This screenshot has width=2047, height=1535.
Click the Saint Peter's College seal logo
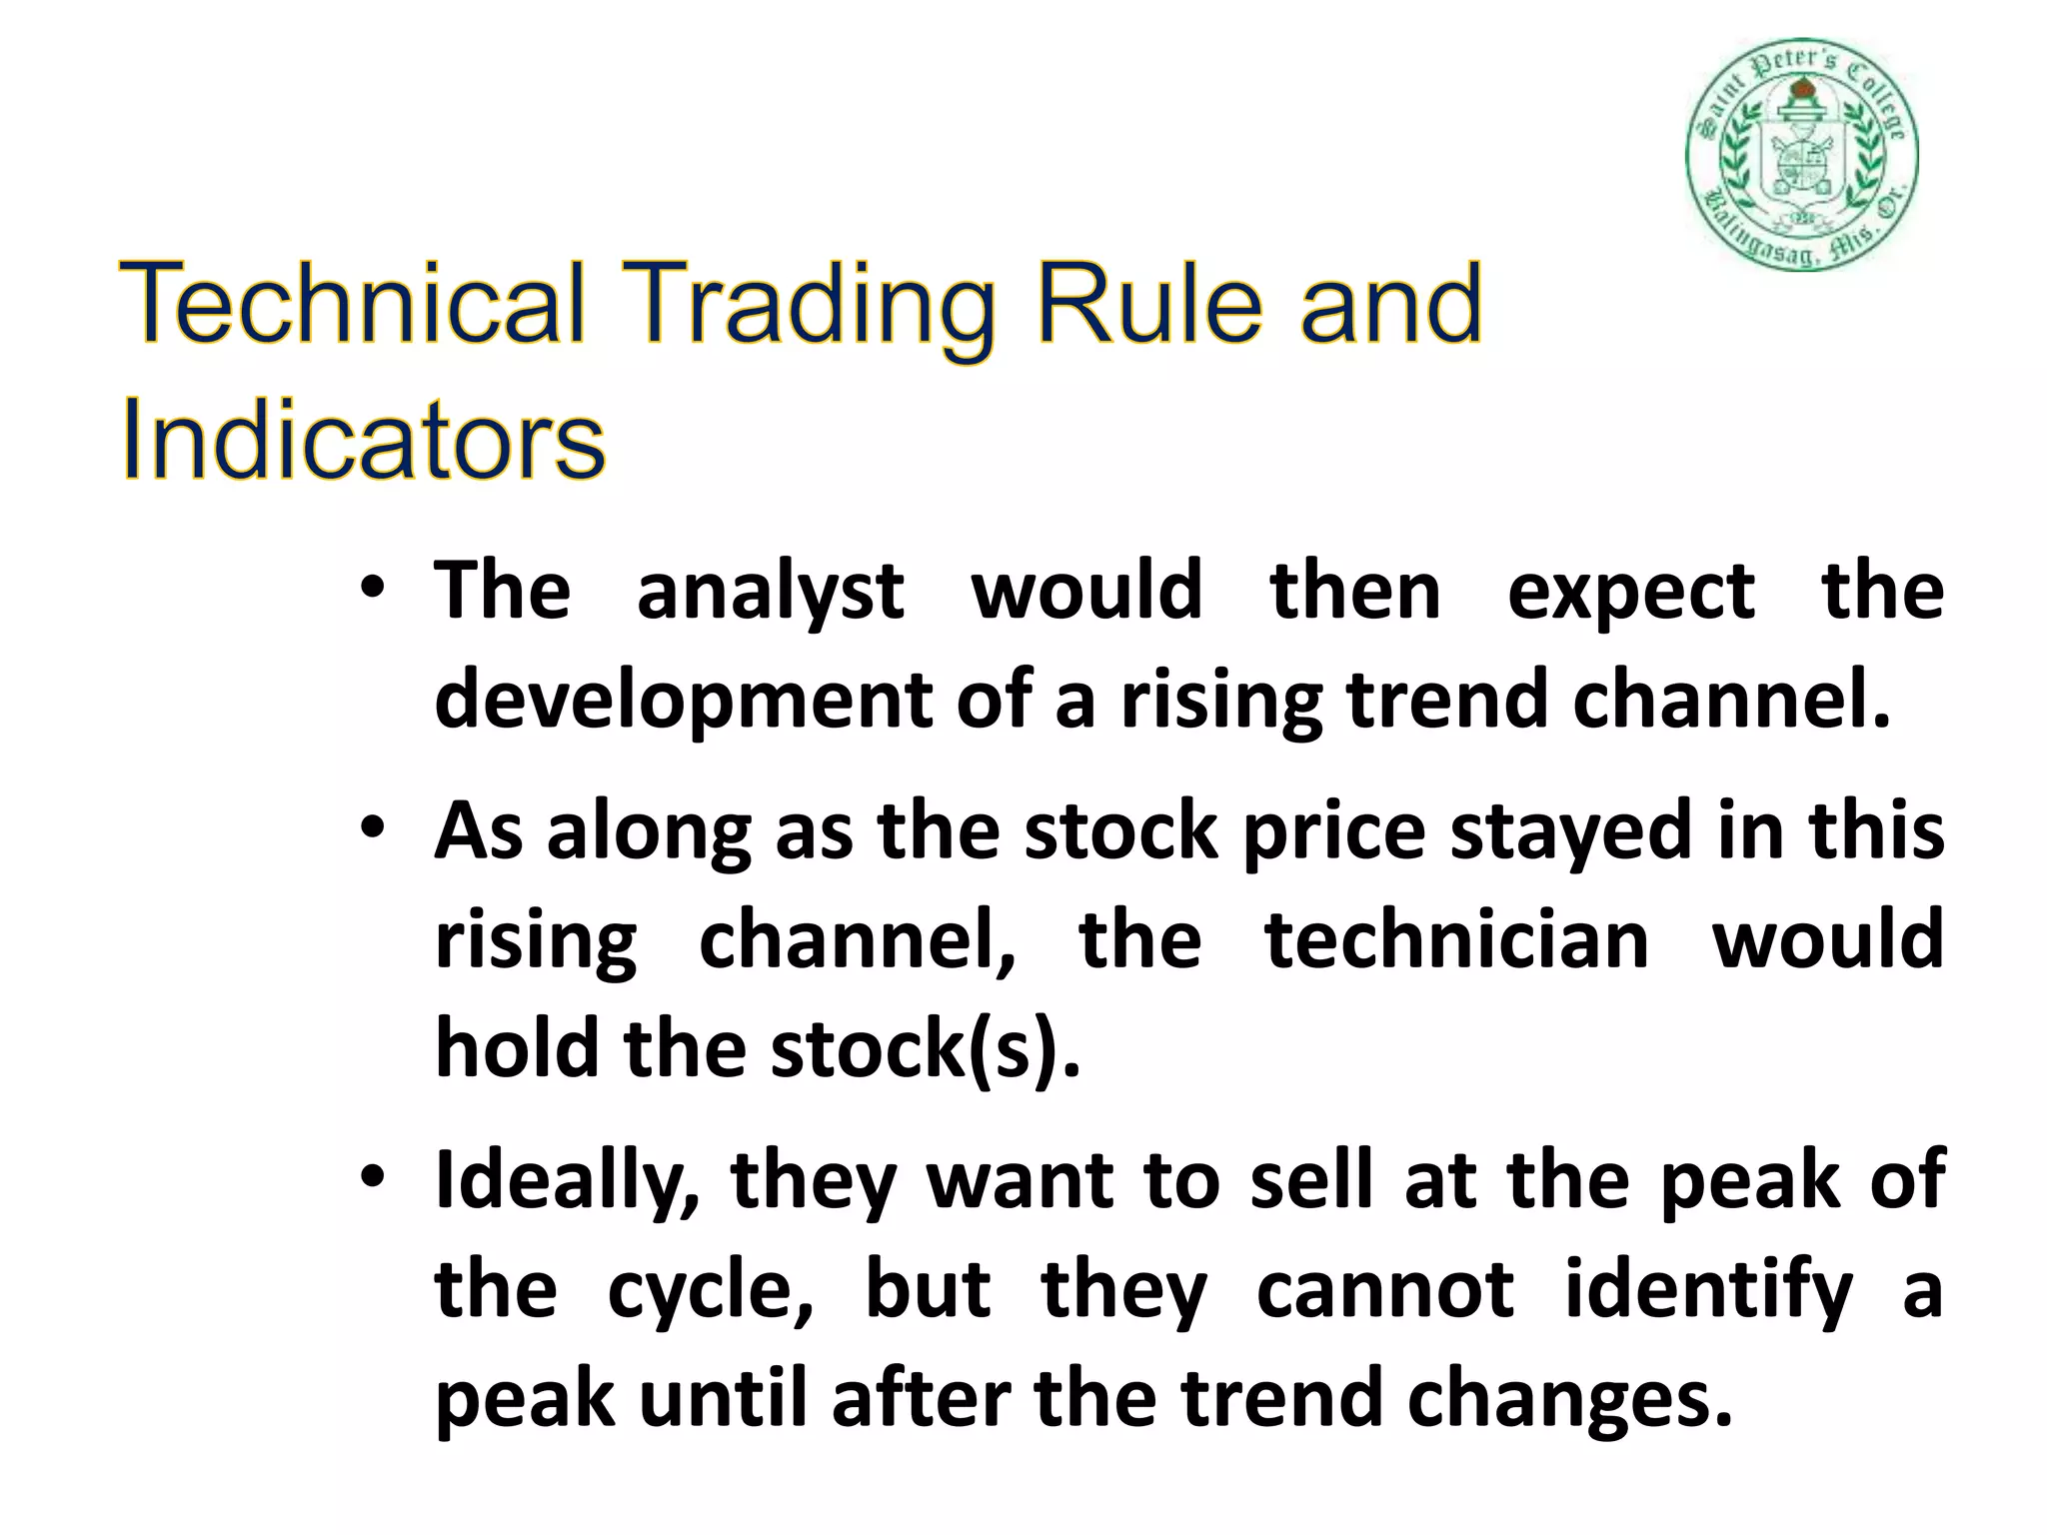(1802, 157)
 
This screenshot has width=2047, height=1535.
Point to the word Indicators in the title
(362, 440)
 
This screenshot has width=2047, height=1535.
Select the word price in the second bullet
(1333, 833)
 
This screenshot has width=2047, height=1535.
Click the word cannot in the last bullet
(1384, 1290)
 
